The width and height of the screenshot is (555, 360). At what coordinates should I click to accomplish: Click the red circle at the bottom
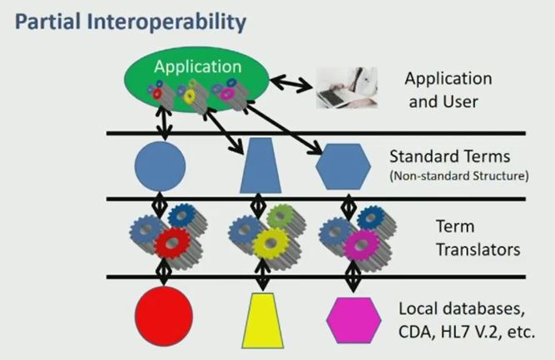[x=164, y=316]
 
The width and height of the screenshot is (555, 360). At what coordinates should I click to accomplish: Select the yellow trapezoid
[x=263, y=320]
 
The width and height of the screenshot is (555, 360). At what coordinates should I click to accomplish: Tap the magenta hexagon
[x=354, y=320]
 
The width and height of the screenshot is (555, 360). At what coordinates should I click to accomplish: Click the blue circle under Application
[x=160, y=166]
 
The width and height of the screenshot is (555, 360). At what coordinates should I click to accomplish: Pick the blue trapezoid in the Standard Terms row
[x=260, y=165]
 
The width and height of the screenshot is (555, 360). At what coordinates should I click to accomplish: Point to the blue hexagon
[x=343, y=166]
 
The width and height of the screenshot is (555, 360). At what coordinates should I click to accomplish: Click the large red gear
[x=173, y=243]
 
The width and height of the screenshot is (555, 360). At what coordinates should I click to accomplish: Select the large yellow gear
[x=271, y=243]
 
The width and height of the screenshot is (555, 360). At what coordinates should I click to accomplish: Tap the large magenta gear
[x=362, y=244]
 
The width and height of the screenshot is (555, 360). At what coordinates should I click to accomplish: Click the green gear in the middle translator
[x=280, y=215]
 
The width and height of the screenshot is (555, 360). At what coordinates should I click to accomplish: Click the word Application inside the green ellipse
[x=197, y=67]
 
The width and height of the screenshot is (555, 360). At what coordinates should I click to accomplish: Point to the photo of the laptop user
[x=346, y=87]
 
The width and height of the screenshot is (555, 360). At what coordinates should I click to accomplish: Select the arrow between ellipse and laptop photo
[x=291, y=83]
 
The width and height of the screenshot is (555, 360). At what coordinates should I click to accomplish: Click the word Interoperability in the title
[x=166, y=22]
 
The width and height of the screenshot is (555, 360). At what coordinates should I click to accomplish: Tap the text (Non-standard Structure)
[x=459, y=175]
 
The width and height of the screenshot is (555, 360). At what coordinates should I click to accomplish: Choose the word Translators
[x=478, y=249]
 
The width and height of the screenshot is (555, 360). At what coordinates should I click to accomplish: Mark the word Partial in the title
[x=47, y=22]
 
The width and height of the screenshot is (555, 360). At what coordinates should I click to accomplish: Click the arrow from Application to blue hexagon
[x=284, y=128]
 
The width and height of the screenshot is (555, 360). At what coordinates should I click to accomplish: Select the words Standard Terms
[x=449, y=156]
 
